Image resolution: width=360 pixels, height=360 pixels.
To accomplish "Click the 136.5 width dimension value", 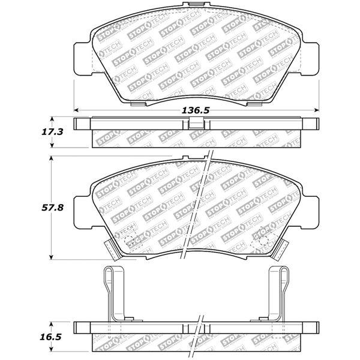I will (x=196, y=111).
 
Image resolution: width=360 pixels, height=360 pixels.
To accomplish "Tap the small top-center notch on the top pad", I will (x=195, y=7).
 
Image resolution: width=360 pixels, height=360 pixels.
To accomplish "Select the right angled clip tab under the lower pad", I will (x=280, y=247).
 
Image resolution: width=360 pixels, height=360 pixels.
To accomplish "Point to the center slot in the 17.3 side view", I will (x=195, y=122).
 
